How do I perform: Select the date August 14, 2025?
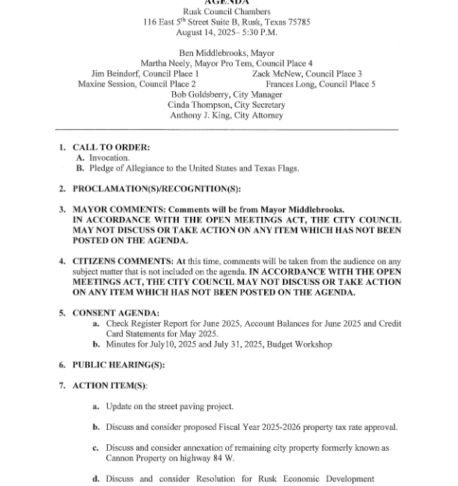[204, 32]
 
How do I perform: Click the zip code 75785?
[298, 22]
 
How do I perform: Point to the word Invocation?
[109, 158]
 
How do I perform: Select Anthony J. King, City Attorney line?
[227, 116]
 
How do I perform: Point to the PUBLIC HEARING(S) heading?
[118, 365]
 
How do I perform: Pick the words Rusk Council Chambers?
[227, 11]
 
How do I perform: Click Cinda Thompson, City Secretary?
[227, 105]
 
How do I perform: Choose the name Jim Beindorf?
[119, 74]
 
